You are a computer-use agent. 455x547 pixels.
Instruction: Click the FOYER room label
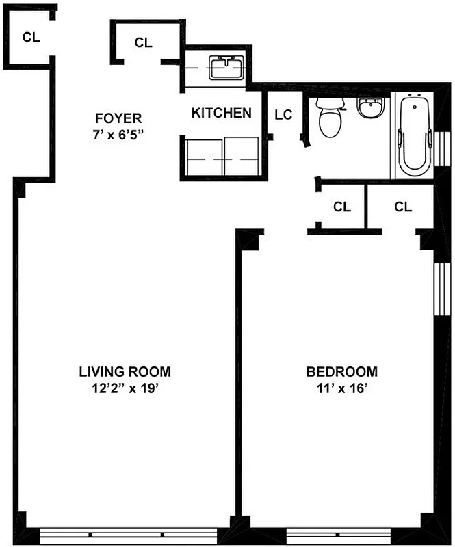coord(118,118)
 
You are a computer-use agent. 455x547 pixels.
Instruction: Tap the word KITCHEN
coord(221,113)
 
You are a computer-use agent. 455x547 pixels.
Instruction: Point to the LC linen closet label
coord(283,114)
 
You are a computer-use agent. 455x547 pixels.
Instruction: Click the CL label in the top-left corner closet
coord(31,38)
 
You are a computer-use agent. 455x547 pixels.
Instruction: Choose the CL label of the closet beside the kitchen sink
coord(143,42)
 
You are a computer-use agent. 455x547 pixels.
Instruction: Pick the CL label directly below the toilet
coord(342,206)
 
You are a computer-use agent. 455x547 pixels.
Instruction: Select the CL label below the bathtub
coord(403,206)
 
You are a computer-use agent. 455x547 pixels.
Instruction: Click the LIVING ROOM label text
coord(125,372)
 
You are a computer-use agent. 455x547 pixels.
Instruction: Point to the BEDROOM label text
coord(341,372)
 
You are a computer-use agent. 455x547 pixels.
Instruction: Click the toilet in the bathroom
coord(330,118)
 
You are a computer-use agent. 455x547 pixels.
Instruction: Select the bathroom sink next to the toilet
coord(372,108)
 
